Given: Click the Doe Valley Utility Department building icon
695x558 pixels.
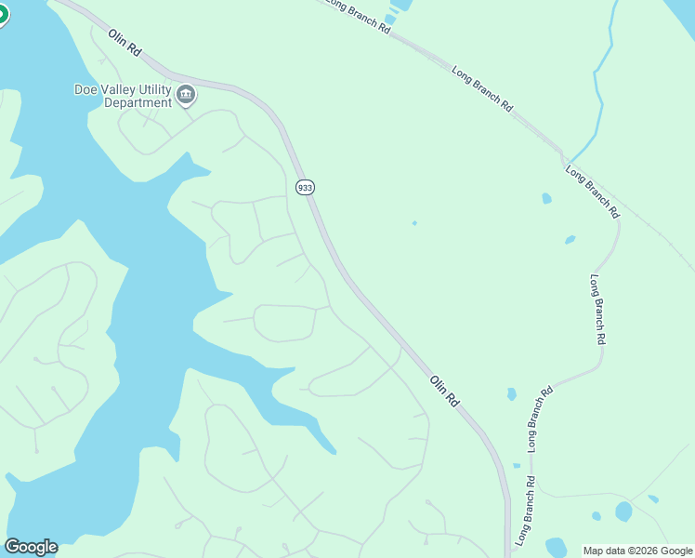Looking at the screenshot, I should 185,94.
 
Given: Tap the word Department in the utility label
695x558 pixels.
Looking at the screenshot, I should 138,103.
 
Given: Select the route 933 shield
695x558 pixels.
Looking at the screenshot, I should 305,188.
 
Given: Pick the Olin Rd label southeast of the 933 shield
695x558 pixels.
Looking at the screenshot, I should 445,390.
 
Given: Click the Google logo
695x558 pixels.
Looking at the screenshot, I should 31,547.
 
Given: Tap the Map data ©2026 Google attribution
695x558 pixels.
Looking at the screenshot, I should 638,551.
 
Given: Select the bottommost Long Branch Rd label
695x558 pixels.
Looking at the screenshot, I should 526,510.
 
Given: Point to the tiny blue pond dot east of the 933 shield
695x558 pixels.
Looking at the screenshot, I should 414,223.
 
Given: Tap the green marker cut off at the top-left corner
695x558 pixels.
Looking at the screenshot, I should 3,14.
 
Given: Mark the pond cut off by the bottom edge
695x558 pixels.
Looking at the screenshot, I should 556,548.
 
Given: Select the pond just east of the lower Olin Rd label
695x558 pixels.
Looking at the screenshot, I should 512,394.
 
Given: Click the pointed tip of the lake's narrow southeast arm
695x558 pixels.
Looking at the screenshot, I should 334,452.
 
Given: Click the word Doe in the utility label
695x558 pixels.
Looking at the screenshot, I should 87,89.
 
